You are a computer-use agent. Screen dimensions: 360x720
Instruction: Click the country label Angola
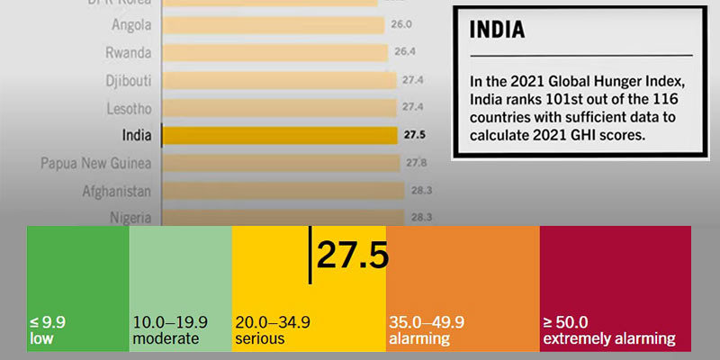[128, 24]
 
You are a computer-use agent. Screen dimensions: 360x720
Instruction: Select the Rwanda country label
[127, 52]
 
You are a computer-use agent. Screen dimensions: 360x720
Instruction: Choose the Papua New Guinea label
[96, 163]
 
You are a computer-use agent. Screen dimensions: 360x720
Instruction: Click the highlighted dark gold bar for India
[279, 136]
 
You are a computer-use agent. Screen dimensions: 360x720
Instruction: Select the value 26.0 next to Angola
[400, 24]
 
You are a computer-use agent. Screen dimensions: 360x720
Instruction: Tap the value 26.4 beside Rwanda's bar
[400, 52]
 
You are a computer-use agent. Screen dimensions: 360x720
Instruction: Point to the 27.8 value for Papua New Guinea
[415, 163]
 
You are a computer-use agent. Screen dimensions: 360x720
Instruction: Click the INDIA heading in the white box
[498, 29]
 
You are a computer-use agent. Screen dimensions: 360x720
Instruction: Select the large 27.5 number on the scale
[352, 256]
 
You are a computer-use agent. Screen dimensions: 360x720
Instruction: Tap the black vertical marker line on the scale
[310, 255]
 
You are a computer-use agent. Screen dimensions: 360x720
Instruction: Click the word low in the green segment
[41, 338]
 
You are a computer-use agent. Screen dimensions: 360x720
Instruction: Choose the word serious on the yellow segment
[259, 338]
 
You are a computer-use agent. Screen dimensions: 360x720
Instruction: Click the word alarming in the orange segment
[419, 338]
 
